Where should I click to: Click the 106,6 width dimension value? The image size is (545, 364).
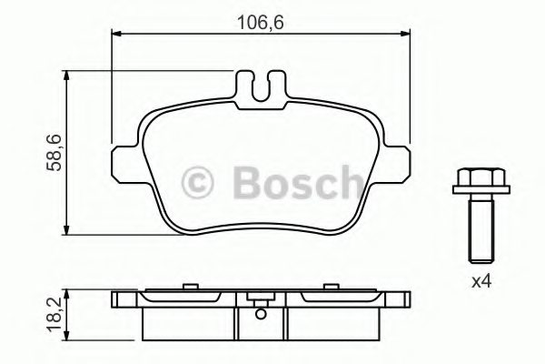point(258,16)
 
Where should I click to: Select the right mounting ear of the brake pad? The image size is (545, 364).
point(398,163)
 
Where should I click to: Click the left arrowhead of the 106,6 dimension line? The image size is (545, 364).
point(116,35)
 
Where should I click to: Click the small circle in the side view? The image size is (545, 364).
point(260,316)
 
